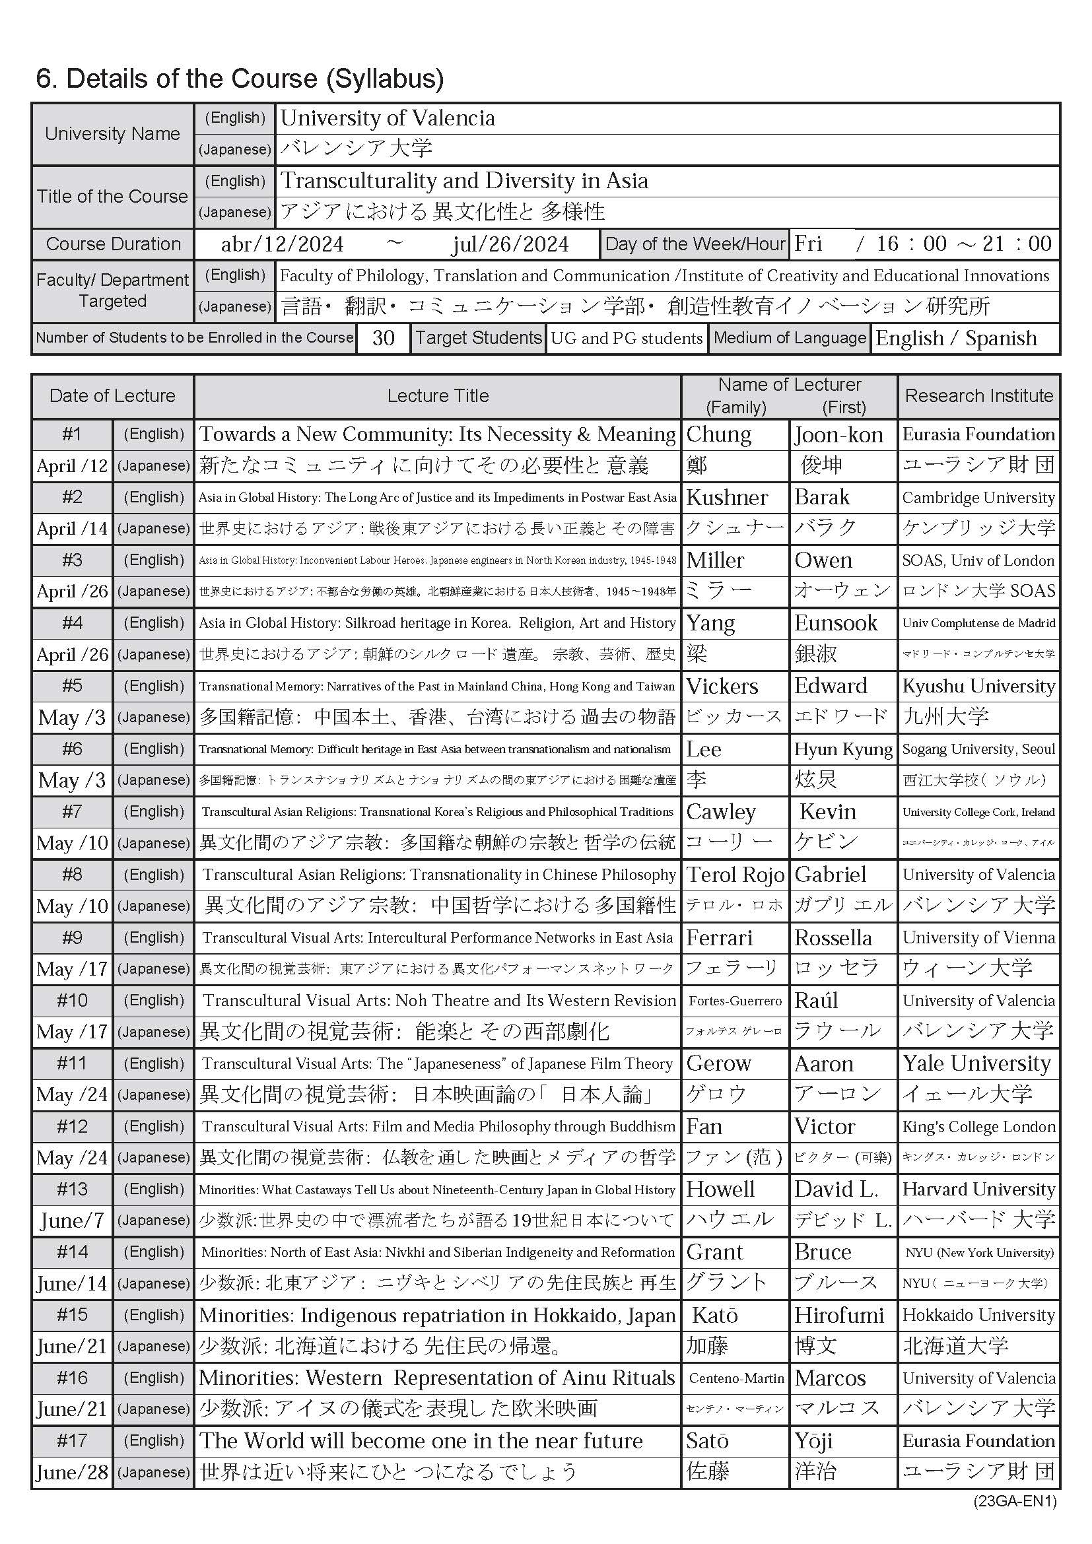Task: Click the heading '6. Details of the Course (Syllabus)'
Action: point(240,79)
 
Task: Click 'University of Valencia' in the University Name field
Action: point(388,118)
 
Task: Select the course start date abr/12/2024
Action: point(282,244)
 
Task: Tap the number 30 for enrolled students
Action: point(383,337)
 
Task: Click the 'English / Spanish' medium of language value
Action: point(955,338)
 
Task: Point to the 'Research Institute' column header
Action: point(978,395)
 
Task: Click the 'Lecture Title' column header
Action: point(437,395)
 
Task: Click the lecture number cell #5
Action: point(72,686)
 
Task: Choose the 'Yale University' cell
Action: point(976,1063)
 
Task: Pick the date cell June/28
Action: point(72,1472)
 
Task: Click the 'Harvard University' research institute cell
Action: point(978,1189)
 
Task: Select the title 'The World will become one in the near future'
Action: point(421,1440)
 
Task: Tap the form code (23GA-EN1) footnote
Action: point(1015,1501)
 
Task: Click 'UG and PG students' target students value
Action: point(626,338)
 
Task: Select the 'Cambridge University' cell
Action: point(978,498)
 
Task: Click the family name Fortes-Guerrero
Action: point(735,1001)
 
